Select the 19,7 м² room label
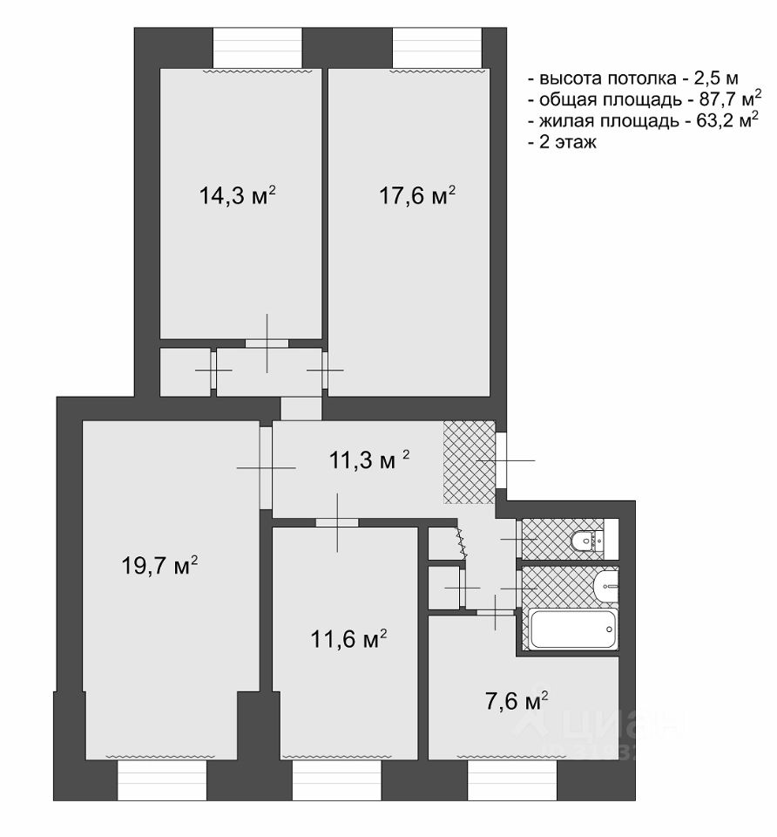[x=160, y=566]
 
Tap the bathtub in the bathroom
[x=573, y=629]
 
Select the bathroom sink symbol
[x=605, y=586]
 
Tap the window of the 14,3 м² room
[x=258, y=47]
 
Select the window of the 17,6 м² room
[x=436, y=47]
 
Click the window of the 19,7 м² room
[x=162, y=780]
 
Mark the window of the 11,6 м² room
[x=336, y=780]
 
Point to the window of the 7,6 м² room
[x=512, y=780]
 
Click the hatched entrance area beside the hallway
[x=469, y=462]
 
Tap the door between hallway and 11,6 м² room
[x=337, y=522]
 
